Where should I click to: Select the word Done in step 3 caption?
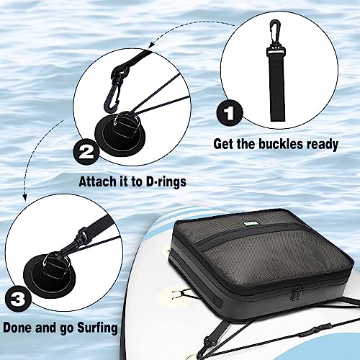pos(17,329)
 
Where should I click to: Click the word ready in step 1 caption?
pos(319,144)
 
